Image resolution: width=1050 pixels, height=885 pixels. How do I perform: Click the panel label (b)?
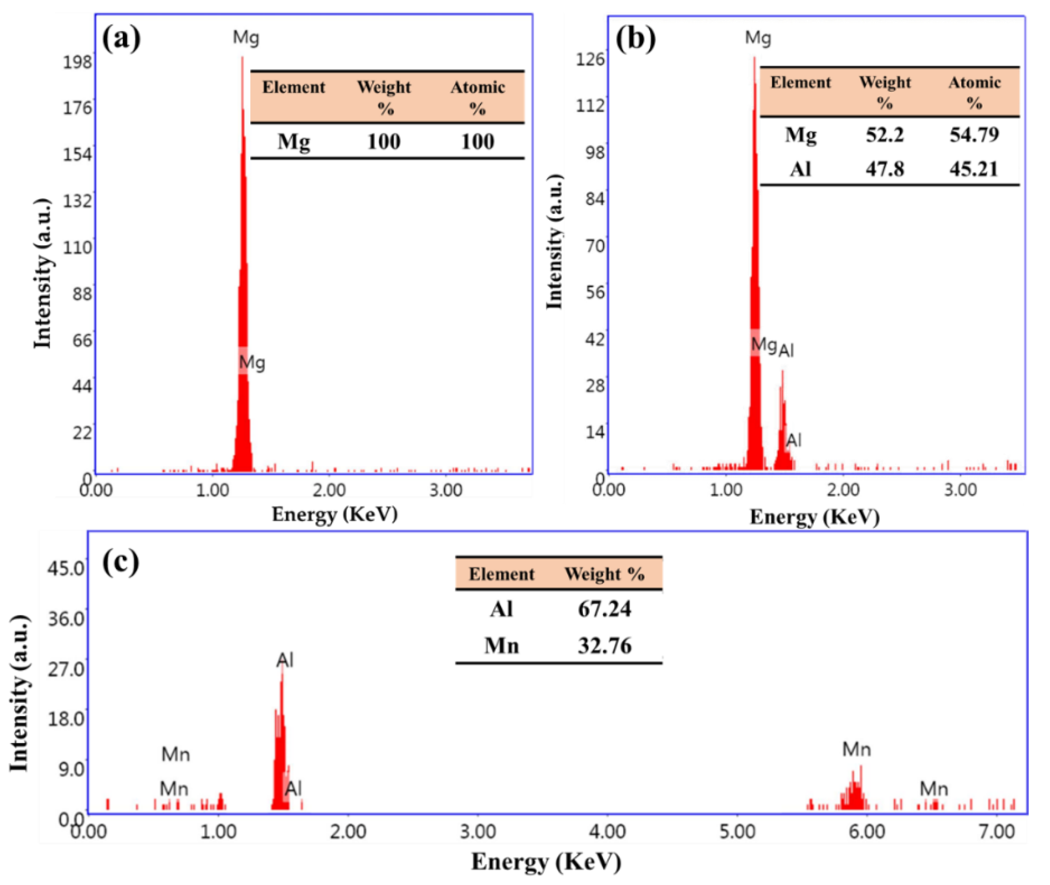pos(635,39)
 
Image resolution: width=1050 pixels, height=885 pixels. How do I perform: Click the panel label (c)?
pos(120,563)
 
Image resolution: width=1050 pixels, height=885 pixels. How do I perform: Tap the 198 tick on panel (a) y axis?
pos(77,62)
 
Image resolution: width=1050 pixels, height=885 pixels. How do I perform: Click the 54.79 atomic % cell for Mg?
pos(973,134)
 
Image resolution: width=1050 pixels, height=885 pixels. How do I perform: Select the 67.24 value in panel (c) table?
pos(604,609)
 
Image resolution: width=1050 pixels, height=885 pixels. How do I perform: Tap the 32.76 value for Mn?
pos(604,645)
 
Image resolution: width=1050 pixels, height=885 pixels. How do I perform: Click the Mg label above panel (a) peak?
pos(246,38)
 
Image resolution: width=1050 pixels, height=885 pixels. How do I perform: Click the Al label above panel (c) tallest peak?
pos(284,660)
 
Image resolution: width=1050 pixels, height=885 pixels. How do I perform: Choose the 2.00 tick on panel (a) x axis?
pos(329,489)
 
